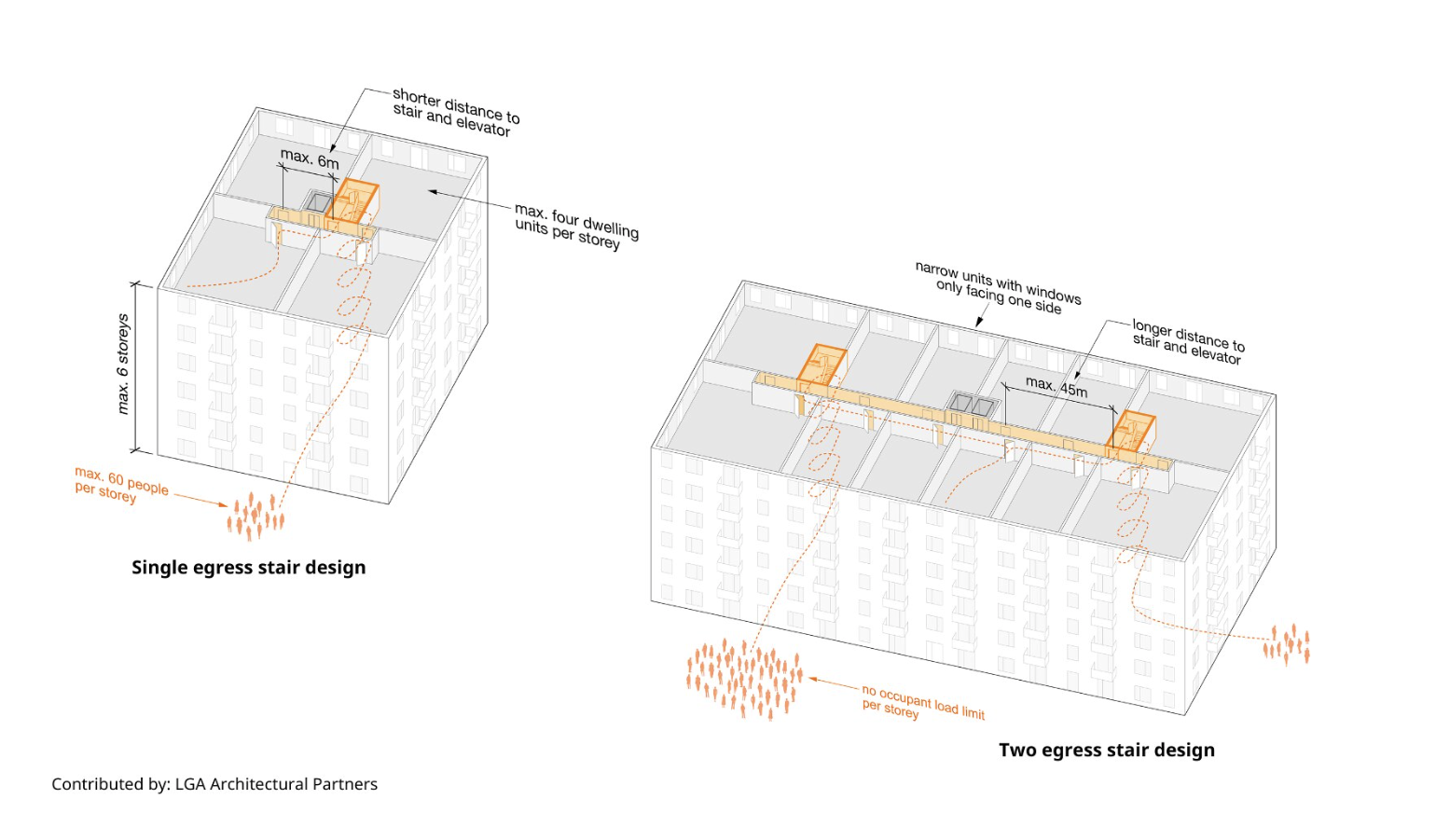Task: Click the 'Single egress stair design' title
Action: click(x=248, y=567)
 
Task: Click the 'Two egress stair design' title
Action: click(x=1106, y=750)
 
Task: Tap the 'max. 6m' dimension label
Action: click(x=310, y=158)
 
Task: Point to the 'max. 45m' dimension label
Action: click(x=1056, y=386)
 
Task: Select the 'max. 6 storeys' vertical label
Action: click(x=123, y=364)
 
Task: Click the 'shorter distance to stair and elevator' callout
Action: click(x=455, y=112)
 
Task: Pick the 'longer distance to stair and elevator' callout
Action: click(x=1188, y=341)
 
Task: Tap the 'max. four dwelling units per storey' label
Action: click(x=575, y=226)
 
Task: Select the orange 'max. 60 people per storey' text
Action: click(x=120, y=485)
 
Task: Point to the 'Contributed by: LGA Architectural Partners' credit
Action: click(x=214, y=784)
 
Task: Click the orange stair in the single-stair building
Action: click(x=355, y=200)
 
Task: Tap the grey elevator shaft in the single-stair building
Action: click(x=319, y=202)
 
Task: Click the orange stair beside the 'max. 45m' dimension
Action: click(x=1133, y=431)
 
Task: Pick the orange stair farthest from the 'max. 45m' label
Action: click(x=822, y=365)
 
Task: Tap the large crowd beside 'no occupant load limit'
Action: click(x=744, y=679)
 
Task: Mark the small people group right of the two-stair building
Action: click(x=1287, y=643)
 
